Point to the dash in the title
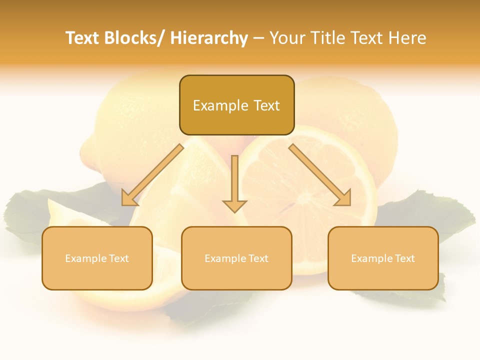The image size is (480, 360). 258,39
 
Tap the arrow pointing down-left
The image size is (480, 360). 152,175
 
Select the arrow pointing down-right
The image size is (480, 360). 320,175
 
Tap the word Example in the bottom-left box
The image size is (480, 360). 85,258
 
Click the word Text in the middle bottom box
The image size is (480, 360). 258,258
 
